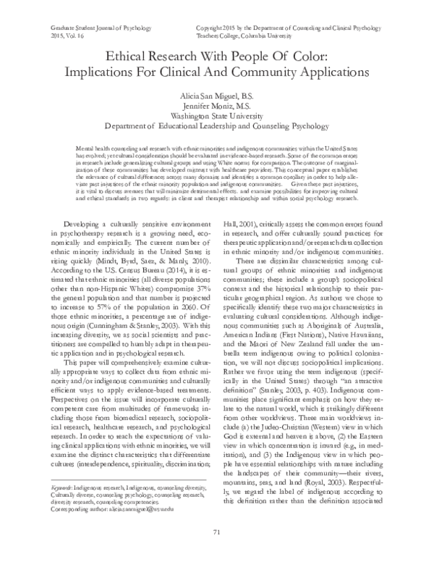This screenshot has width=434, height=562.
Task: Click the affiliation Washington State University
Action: tap(217, 115)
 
